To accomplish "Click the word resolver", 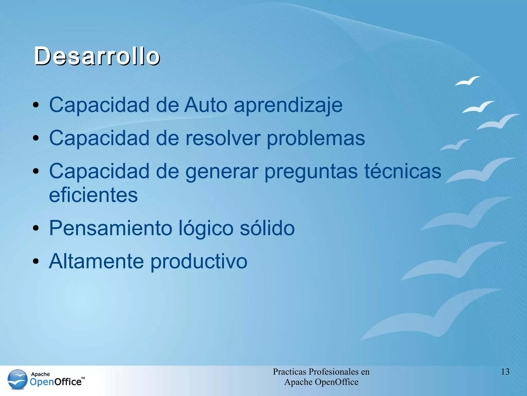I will [223, 138].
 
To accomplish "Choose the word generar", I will [222, 172].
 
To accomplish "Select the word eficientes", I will [93, 195].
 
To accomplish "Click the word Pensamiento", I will [111, 228].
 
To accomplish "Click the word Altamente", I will [96, 261].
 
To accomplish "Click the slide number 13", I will [505, 372].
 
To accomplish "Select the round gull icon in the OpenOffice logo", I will [17, 379].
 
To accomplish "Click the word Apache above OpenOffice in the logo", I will [40, 374].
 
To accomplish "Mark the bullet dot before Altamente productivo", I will [36, 261].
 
